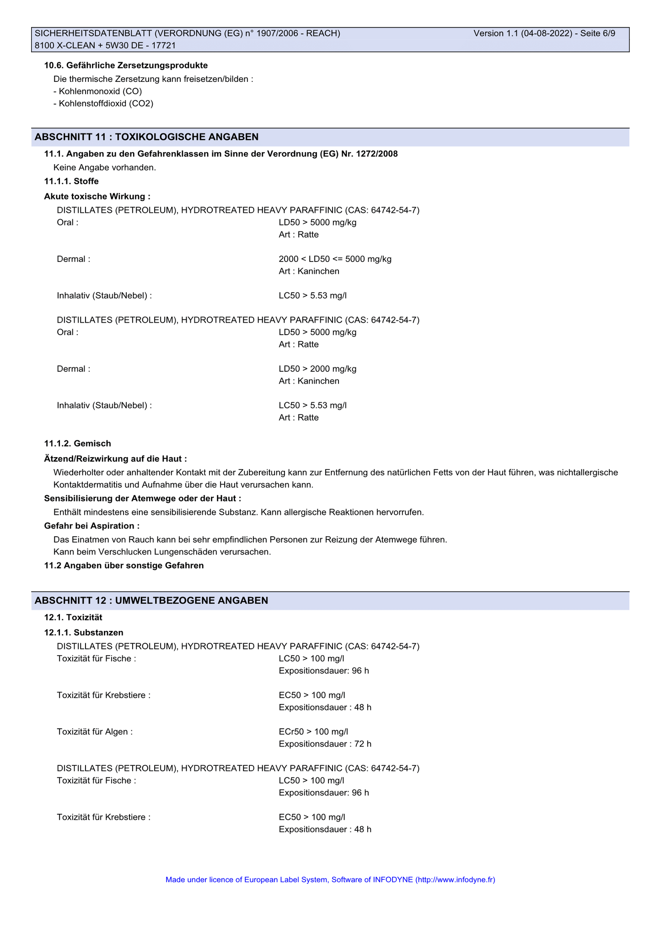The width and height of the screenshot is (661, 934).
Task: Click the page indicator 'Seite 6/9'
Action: pos(597,33)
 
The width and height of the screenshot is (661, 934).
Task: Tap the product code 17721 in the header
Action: pos(164,46)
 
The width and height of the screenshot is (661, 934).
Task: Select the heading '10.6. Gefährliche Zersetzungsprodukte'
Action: pos(126,66)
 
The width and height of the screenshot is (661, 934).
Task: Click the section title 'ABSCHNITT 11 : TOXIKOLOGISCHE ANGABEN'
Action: pos(147,137)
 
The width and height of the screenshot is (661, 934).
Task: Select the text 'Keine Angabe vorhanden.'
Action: pos(105,168)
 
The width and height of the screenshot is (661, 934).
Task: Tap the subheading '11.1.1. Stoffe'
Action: pos(71,181)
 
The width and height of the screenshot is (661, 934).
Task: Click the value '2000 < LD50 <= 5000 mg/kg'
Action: pos(335,259)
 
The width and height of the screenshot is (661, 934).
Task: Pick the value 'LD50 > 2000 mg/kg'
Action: pos(317,369)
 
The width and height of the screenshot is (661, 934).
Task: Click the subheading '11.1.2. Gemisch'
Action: pos(77,443)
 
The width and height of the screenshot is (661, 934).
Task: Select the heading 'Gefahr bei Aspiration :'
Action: pos(91,526)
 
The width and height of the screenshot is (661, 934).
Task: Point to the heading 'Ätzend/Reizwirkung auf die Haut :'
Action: pos(115,459)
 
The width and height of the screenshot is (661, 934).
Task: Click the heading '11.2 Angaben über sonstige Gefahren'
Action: pos(124,566)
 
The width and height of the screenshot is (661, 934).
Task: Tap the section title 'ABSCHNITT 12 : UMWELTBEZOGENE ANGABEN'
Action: pos(151,601)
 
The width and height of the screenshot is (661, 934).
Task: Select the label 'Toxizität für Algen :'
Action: pos(95,732)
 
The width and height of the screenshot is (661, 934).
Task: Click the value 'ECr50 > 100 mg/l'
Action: pos(313,732)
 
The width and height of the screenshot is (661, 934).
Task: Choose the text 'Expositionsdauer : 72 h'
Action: pos(325,744)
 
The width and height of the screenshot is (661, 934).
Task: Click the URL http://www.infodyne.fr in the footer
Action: pos(455,880)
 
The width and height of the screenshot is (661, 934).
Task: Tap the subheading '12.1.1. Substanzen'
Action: pos(84,633)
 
